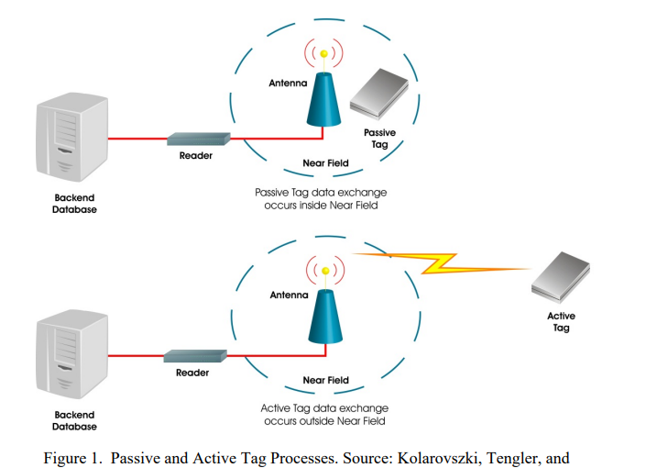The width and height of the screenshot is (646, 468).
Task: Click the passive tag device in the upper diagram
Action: [379, 94]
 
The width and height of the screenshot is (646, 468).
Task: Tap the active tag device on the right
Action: [561, 276]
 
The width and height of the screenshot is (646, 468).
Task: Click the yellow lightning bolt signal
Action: [442, 262]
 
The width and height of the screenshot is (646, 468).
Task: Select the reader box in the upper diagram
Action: [199, 139]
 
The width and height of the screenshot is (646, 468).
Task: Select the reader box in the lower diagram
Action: [195, 356]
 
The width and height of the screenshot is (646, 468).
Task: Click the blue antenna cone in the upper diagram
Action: [323, 99]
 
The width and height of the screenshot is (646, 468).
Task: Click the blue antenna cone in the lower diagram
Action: [325, 317]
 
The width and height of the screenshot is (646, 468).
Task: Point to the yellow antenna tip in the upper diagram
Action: [324, 53]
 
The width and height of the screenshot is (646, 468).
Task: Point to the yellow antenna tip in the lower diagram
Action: [325, 271]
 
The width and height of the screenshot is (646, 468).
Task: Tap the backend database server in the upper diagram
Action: [72, 137]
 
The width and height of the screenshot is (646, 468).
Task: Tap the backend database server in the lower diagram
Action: [72, 354]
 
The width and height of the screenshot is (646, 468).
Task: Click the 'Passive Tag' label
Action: [380, 139]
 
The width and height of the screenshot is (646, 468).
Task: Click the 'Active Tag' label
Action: [561, 321]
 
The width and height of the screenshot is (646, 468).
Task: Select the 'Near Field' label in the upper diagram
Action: [326, 163]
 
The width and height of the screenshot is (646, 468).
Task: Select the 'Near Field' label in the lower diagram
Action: [326, 380]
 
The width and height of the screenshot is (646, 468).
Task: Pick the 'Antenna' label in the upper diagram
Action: [288, 83]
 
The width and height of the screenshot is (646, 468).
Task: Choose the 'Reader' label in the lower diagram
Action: [192, 373]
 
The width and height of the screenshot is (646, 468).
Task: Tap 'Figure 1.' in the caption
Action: [73, 458]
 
